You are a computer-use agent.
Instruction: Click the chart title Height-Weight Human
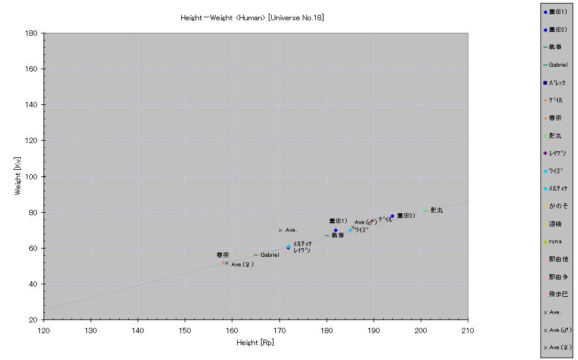point(252,18)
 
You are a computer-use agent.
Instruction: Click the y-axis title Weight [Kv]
point(18,176)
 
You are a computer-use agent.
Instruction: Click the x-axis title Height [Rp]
point(256,343)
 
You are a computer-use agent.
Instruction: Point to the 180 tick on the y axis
point(33,33)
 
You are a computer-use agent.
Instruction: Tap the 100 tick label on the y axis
point(33,176)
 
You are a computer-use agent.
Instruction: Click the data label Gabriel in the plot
point(269,255)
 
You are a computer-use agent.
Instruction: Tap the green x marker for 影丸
point(425,210)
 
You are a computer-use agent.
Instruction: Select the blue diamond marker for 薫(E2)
point(392,216)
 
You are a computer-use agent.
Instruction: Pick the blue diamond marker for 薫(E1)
point(335,230)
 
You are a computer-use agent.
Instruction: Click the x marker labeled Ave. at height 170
point(280,230)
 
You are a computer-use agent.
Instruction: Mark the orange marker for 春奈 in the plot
point(223,262)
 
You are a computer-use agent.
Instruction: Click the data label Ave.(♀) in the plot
point(242,265)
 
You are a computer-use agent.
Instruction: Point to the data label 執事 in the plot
point(338,235)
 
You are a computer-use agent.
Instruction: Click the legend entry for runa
point(555,241)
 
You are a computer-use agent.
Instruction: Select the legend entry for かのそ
point(558,206)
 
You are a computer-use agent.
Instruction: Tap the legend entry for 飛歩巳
point(558,294)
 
